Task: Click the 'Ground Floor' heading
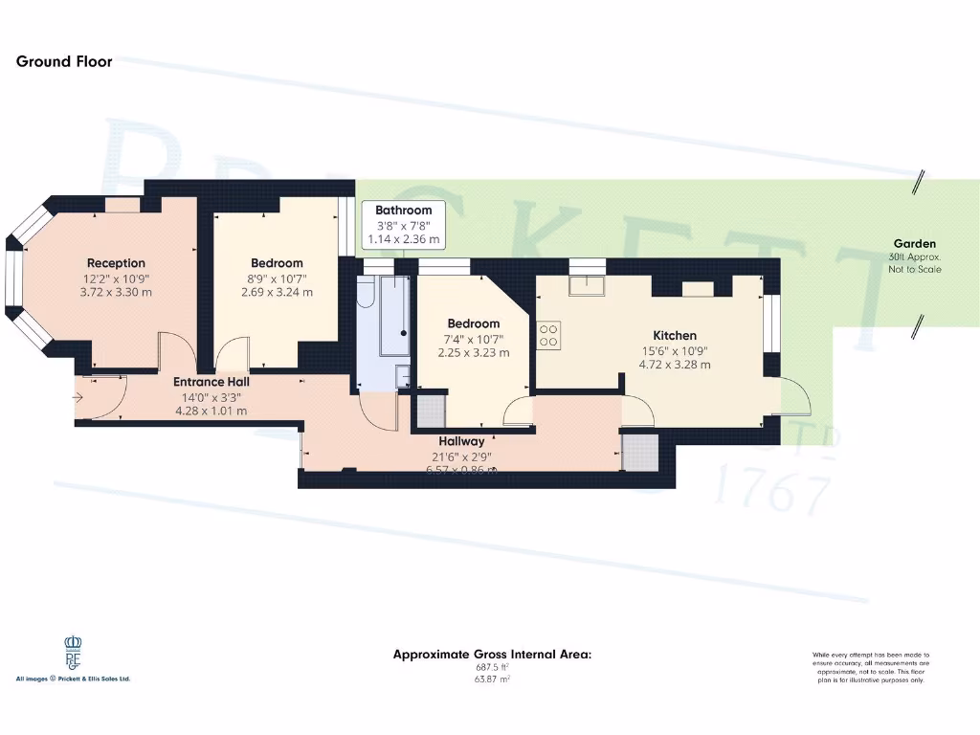(64, 61)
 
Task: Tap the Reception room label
(116, 263)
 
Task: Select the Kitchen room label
(675, 335)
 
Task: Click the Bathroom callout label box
(403, 224)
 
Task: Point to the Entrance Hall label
(212, 382)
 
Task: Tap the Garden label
(914, 244)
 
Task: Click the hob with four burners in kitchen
(549, 334)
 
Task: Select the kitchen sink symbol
(582, 284)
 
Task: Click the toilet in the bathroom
(365, 294)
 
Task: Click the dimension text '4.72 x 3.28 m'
(675, 365)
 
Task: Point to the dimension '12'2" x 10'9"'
(116, 278)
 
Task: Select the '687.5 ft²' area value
(493, 667)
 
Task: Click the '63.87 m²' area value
(493, 679)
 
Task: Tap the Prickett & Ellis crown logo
(74, 655)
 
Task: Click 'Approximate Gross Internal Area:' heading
(493, 654)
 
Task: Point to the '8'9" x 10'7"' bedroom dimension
(277, 278)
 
